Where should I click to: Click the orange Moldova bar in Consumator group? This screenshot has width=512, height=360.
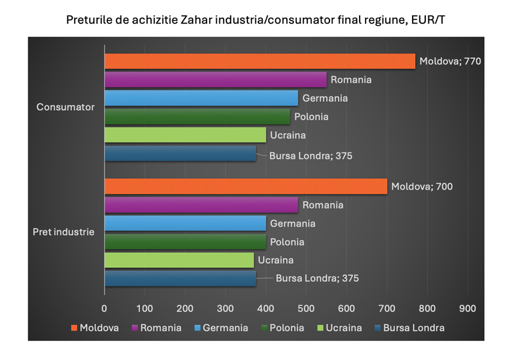click(259, 61)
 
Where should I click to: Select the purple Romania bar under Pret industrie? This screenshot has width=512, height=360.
click(201, 205)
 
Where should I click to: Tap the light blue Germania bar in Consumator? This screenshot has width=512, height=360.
click(201, 98)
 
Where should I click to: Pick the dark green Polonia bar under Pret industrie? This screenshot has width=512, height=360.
click(185, 242)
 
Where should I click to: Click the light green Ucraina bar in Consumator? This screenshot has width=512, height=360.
click(185, 135)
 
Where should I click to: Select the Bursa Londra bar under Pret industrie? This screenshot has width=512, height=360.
click(180, 279)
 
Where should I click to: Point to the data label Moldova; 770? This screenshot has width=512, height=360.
click(450, 61)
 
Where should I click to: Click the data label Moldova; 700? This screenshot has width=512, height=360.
click(422, 187)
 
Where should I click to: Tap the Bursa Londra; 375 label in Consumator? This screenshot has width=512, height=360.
click(310, 156)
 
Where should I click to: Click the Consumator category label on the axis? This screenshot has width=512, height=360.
click(66, 107)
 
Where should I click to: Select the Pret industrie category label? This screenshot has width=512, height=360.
click(63, 232)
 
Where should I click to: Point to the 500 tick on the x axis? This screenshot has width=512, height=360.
click(306, 309)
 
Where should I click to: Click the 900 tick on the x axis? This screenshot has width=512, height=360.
click(467, 309)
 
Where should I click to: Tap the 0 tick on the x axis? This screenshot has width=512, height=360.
click(104, 309)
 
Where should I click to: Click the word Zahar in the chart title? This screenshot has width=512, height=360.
click(196, 20)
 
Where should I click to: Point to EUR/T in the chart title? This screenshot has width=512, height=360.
click(426, 20)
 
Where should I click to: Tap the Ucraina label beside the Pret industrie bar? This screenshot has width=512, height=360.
click(275, 261)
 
